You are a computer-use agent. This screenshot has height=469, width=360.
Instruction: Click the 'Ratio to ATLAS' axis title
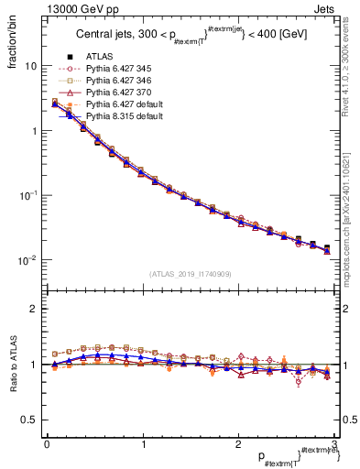tap(12, 365)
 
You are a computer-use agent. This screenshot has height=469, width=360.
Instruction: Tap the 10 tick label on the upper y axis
tap(30, 67)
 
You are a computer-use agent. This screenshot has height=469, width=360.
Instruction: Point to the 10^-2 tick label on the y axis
tap(28, 260)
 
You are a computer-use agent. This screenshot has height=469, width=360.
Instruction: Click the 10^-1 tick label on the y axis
tap(28, 196)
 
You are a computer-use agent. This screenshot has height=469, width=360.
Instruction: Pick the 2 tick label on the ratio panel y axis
tap(33, 309)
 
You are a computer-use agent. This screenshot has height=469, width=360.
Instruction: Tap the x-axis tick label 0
tap(47, 444)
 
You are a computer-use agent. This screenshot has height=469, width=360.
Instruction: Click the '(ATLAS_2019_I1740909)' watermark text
tap(189, 274)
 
